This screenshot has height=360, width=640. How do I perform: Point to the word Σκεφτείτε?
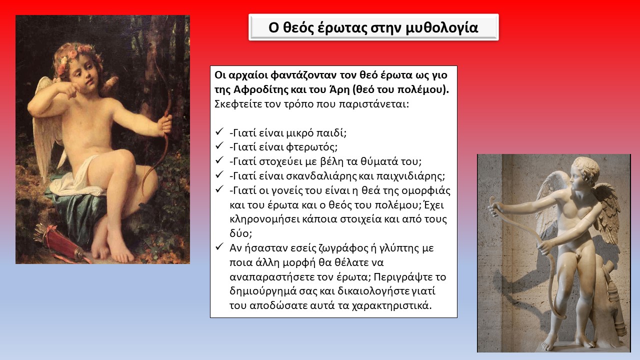point(237,104)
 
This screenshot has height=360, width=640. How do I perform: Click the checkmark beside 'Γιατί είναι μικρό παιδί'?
point(219,132)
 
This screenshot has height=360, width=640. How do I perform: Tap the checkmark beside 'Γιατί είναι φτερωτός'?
point(219,146)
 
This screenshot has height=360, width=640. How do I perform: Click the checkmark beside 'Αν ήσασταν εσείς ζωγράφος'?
point(219,246)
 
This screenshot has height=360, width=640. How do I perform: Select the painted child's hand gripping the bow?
point(166,125)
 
